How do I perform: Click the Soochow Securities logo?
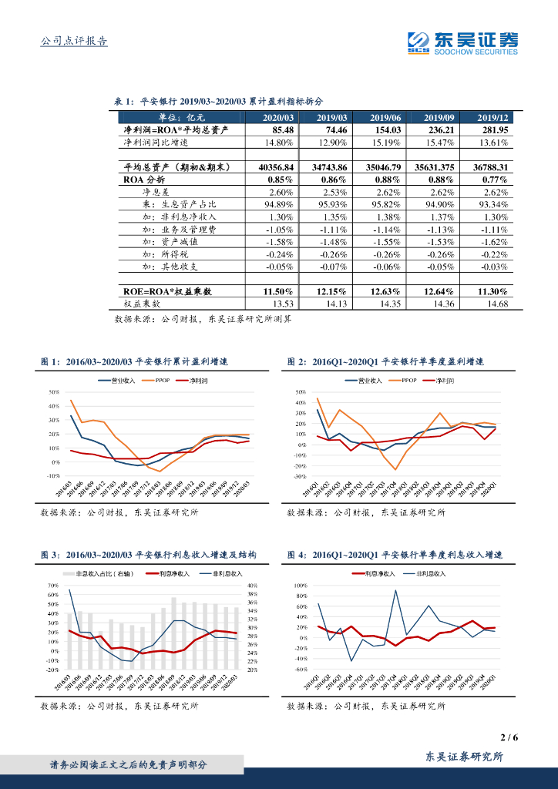tap(462, 43)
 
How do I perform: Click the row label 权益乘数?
tap(143, 304)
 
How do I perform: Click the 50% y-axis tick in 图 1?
tap(54, 391)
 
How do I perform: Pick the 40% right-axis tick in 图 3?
tap(251, 586)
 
